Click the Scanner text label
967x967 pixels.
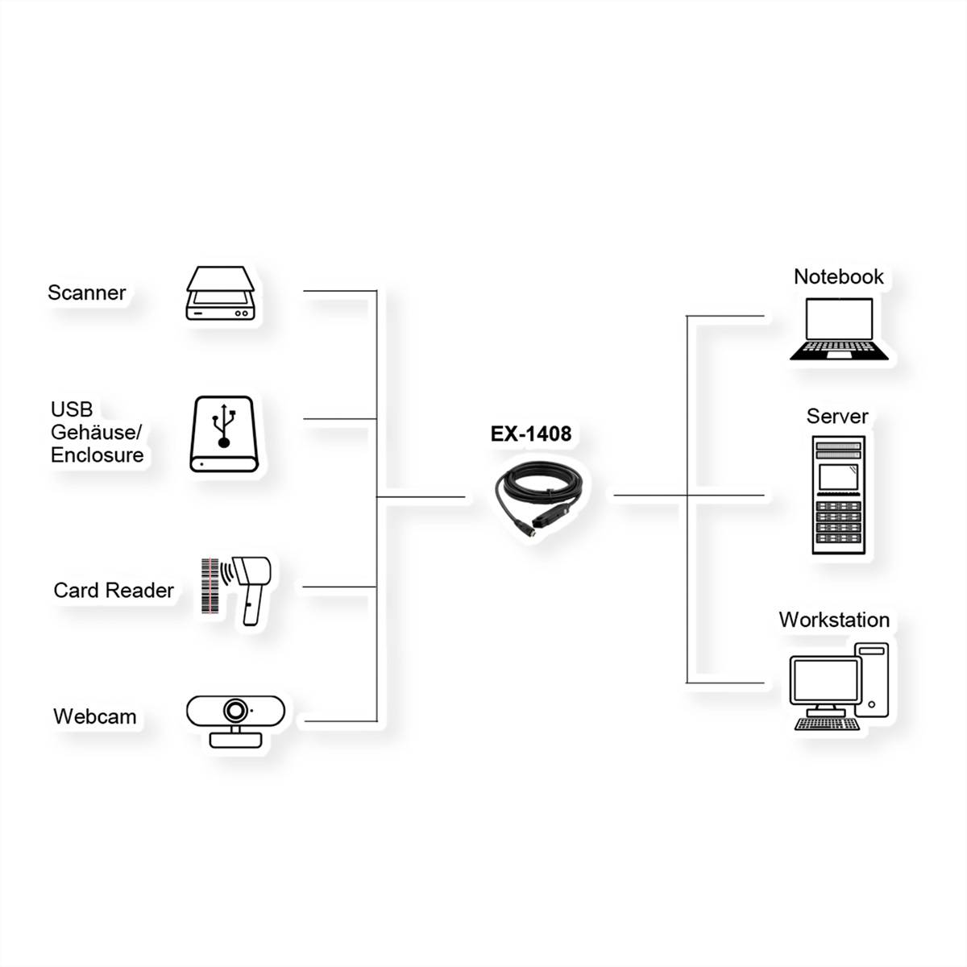[x=87, y=293]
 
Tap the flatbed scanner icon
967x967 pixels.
[x=220, y=293]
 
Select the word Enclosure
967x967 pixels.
[x=98, y=455]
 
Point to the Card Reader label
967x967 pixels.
[x=114, y=590]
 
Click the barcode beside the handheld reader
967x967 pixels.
[x=210, y=586]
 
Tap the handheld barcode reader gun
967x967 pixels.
[x=251, y=590]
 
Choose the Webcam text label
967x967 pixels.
[x=95, y=716]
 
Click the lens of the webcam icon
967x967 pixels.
[x=234, y=710]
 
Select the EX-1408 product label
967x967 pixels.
[x=531, y=434]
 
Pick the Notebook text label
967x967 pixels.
[x=839, y=276]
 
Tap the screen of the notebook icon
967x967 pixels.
[x=839, y=318]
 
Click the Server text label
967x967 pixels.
[x=837, y=416]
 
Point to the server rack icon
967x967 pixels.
[x=839, y=495]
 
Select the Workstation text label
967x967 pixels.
[x=834, y=620]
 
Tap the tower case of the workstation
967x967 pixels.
[x=872, y=680]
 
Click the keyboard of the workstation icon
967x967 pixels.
[x=827, y=724]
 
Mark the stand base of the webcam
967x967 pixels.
[x=235, y=740]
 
